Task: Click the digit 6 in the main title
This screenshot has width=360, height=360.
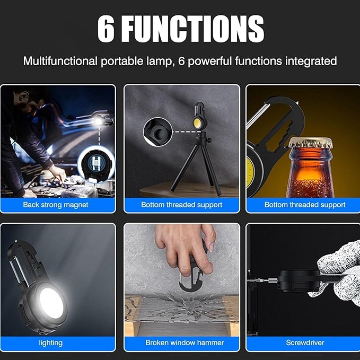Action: click(106, 29)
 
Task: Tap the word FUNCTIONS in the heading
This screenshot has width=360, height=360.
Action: click(192, 29)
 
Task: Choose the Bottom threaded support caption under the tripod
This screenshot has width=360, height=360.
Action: click(181, 205)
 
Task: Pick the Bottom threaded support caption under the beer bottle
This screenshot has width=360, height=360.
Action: click(305, 205)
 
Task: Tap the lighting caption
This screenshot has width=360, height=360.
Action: click(50, 343)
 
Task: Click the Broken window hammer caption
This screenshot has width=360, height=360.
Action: click(185, 343)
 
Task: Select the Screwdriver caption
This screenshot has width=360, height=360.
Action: click(305, 343)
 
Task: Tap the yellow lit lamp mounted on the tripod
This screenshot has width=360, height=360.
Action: click(197, 122)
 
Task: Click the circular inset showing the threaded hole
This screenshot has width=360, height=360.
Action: click(157, 132)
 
